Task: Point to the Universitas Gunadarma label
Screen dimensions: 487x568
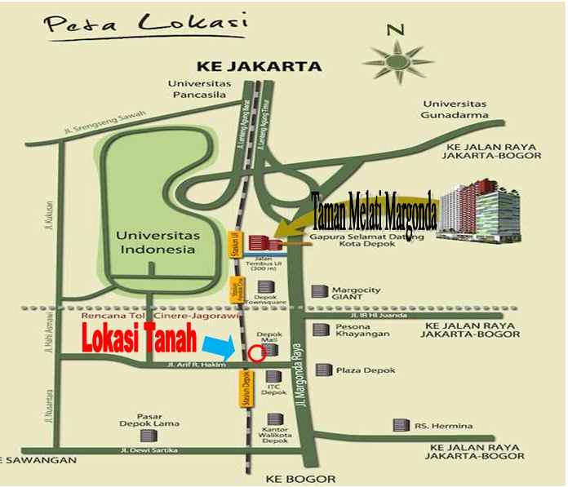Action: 456,109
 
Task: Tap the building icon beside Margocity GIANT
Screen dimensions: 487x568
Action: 320,291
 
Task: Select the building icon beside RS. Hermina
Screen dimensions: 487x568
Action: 400,425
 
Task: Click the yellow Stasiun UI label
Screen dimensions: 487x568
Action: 233,244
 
